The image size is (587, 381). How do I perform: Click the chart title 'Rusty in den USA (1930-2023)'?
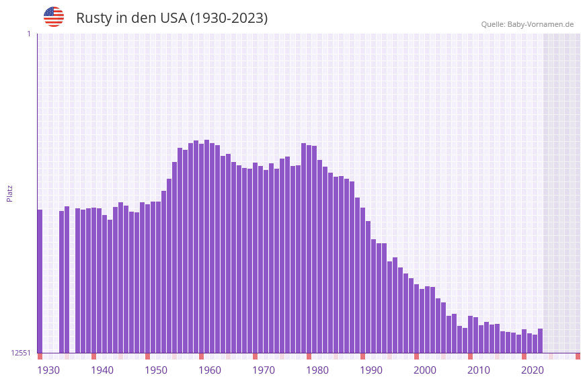click(171, 18)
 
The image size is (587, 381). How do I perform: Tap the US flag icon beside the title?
click(54, 17)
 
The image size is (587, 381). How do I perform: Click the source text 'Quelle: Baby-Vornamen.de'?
click(527, 24)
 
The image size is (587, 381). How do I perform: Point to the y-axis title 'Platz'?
click(9, 193)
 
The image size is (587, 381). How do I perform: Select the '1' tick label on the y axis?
click(28, 34)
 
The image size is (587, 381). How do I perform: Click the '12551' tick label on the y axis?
click(21, 353)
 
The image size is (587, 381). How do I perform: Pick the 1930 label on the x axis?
click(48, 370)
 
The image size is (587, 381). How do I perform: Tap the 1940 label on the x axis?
click(102, 370)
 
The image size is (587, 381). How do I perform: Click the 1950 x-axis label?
click(156, 370)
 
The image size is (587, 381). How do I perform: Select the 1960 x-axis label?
click(210, 370)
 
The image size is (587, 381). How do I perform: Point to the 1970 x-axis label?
click(264, 370)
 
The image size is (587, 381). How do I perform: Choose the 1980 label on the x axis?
click(317, 370)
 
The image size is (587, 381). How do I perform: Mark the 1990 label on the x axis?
click(371, 370)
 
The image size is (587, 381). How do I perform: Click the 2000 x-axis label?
click(425, 370)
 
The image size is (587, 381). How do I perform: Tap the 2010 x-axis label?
click(479, 370)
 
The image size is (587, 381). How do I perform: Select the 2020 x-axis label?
click(533, 370)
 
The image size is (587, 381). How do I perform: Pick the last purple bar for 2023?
click(540, 341)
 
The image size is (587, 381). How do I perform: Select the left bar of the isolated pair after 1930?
click(61, 282)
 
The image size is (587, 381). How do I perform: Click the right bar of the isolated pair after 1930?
click(67, 280)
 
